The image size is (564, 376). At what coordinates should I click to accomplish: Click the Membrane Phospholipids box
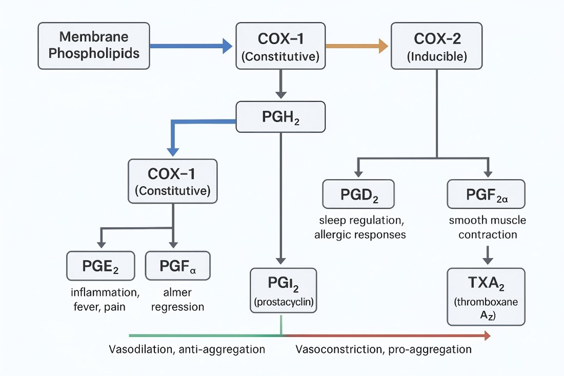pos(93,46)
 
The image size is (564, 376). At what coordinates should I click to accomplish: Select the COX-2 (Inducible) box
pos(437,46)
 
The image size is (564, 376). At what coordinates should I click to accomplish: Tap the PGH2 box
pos(280,117)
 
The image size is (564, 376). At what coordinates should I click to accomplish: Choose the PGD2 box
pos(358,194)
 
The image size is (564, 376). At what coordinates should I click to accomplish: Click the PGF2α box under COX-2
pos(486,194)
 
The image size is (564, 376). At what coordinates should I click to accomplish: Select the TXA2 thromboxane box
pos(486,296)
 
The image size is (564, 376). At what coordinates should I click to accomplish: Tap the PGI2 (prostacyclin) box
pos(283,290)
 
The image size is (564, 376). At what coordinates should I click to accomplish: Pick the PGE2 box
pos(101,266)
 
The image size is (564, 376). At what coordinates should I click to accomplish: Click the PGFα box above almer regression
pos(177,266)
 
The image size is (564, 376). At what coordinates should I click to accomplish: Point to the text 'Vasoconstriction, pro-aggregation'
pos(383,350)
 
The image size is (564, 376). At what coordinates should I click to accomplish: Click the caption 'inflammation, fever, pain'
pos(105,300)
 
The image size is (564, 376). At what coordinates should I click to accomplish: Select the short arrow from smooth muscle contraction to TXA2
pos(488,254)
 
